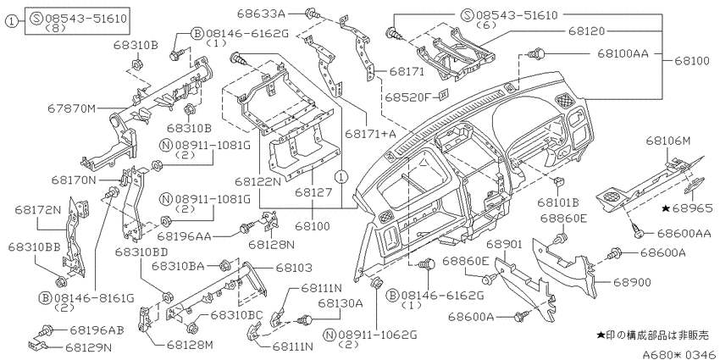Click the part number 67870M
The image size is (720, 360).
point(74,108)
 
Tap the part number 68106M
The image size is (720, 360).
point(668,141)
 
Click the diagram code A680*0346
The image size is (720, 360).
point(678,352)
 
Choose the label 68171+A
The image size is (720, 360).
point(370,135)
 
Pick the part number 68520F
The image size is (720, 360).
point(407,97)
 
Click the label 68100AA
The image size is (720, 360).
point(622,53)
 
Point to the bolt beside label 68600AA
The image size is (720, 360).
point(638,232)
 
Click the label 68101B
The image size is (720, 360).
point(557,203)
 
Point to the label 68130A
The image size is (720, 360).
point(341,302)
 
